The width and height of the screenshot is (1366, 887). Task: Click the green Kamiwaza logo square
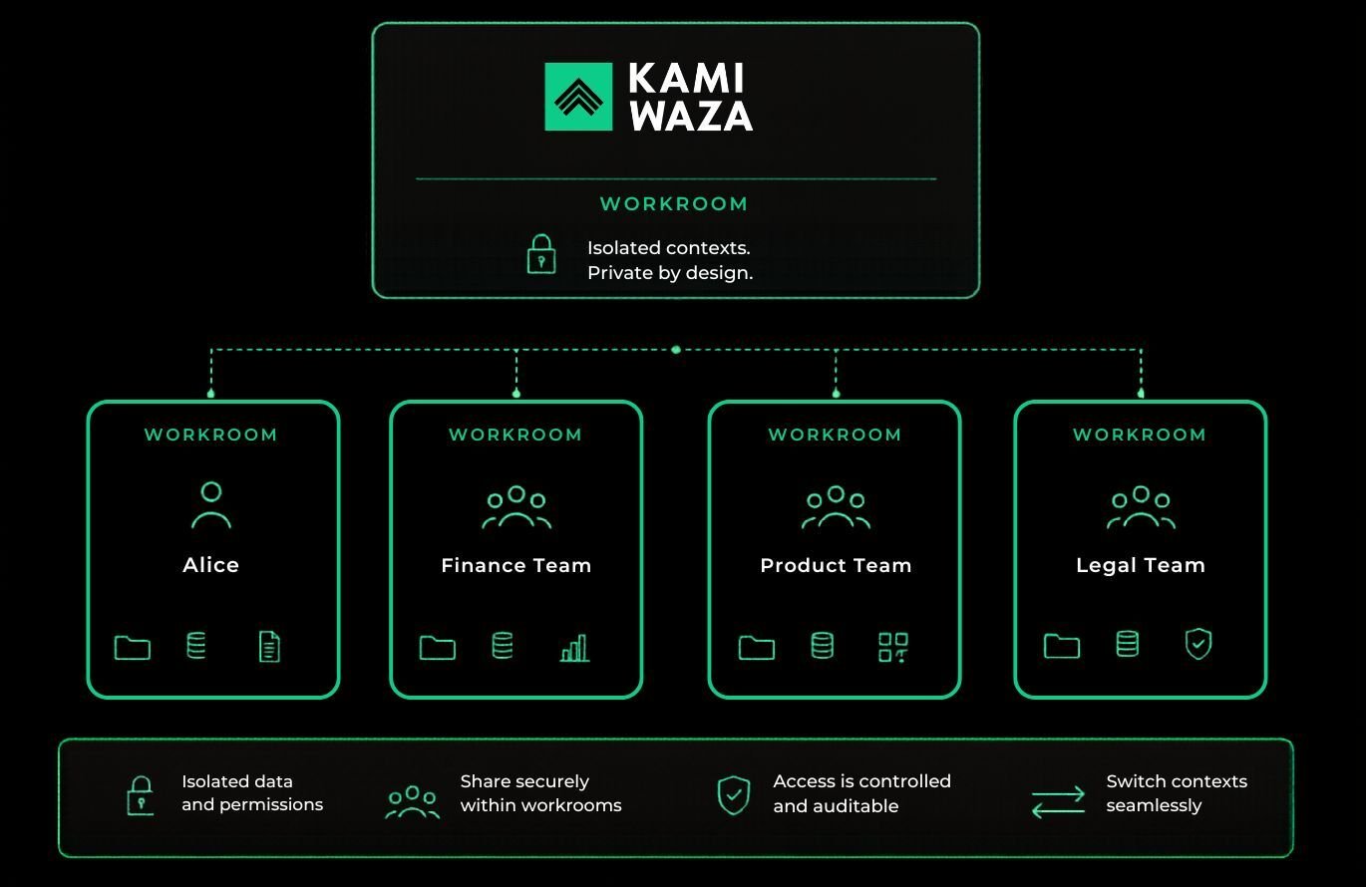(x=578, y=97)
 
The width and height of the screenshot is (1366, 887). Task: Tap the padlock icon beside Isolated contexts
(x=541, y=254)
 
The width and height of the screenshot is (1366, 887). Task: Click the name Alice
(x=211, y=564)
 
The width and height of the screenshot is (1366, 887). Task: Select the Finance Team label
(x=515, y=565)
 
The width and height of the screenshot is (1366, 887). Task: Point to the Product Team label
(x=836, y=565)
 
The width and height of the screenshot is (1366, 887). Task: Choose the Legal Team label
(x=1141, y=566)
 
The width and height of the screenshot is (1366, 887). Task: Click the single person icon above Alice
(x=211, y=504)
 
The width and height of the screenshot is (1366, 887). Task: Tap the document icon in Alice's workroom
(x=269, y=646)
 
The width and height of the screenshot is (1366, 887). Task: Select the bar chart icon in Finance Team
(x=574, y=648)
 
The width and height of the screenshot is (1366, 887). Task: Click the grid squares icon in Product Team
(x=893, y=647)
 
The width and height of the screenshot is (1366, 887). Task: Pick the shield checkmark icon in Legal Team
(x=1198, y=644)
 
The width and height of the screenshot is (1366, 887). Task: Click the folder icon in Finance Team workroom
(x=438, y=648)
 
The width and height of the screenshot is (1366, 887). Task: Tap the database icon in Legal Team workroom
(x=1127, y=644)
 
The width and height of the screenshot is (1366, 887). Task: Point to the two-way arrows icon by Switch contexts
(x=1058, y=801)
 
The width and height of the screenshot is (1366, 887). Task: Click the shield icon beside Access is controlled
(x=734, y=795)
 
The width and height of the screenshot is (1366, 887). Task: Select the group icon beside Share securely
(x=412, y=801)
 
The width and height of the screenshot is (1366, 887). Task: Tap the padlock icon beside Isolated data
(x=141, y=795)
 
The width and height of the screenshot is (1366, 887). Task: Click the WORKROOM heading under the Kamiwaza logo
(x=674, y=203)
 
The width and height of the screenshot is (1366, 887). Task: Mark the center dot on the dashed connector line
(x=676, y=350)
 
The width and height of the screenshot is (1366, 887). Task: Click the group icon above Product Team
(x=836, y=507)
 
